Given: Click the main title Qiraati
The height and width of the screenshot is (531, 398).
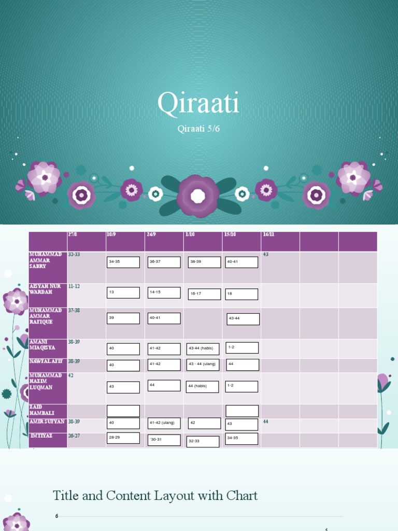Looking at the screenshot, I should [198, 103].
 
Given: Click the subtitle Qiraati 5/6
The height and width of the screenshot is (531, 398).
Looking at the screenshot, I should [198, 129].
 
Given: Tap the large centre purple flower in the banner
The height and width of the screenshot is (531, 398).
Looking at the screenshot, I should [198, 196].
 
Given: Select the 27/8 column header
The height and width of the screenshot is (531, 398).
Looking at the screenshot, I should [73, 234].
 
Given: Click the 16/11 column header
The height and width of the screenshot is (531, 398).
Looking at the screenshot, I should [268, 234].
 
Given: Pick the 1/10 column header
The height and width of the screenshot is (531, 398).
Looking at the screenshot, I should [191, 234].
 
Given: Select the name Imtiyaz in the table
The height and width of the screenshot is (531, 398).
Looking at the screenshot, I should [41, 436].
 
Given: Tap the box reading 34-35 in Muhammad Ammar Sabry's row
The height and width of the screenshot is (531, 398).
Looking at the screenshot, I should [123, 262].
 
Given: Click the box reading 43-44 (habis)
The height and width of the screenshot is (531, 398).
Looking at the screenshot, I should [203, 349].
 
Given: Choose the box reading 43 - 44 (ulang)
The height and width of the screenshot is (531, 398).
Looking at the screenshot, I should [203, 365].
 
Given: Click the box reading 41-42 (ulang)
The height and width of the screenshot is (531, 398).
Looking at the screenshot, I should [164, 423].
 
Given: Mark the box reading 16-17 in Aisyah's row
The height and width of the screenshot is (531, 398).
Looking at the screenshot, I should [204, 294].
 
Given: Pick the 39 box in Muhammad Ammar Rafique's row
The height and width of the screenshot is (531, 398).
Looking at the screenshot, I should [123, 318].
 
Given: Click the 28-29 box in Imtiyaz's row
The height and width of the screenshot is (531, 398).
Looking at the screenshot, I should [123, 438].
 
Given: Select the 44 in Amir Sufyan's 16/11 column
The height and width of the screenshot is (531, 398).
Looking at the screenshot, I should [266, 422].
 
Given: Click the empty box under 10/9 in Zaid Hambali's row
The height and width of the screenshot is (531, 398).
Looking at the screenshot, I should [123, 411].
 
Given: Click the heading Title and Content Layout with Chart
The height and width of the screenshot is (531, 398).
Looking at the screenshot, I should [155, 496].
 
